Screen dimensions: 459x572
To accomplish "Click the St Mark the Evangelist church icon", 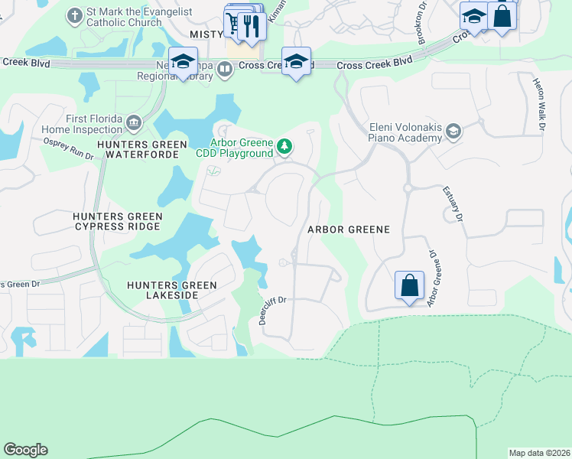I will point(74,15).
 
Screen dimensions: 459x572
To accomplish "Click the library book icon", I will point(225,70).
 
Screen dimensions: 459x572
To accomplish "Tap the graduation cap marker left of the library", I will point(183,61).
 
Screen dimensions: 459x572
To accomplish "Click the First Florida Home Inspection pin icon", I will point(133,122).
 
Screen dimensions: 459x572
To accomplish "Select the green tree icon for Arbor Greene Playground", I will point(284,145).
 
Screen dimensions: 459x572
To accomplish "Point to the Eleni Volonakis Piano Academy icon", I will point(453,132).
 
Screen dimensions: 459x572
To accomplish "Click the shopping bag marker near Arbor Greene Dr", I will point(409,285).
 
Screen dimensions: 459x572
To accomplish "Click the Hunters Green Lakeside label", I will point(172,290).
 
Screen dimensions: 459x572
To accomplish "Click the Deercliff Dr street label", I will point(271,311).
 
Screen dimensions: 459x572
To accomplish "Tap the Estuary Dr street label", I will point(452,205).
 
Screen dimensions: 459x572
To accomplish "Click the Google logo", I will point(25,450).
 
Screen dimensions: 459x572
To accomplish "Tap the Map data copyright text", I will point(539,453).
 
